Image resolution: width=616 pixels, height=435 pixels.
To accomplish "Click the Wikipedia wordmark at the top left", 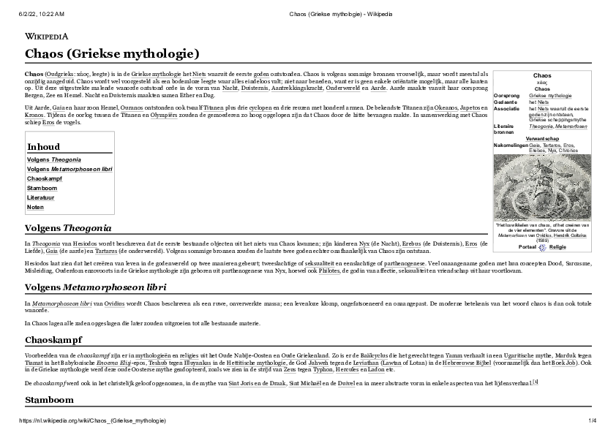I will (x=46, y=36).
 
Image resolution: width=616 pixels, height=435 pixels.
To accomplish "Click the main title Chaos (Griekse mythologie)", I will (x=112, y=54).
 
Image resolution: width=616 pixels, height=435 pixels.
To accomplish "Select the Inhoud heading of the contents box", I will (x=43, y=146).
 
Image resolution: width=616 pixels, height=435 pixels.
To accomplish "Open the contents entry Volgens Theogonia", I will (x=53, y=159).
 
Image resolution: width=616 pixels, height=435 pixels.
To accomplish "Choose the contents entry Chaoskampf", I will (x=45, y=178).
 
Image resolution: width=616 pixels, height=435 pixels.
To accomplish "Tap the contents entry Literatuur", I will (x=41, y=197).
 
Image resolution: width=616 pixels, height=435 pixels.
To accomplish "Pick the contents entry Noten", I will (x=35, y=207).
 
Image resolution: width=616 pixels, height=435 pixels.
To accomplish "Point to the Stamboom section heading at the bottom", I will (x=49, y=400).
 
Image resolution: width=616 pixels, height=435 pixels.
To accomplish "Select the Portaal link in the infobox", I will (x=527, y=247).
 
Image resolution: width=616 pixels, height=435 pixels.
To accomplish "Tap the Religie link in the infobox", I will (x=557, y=247).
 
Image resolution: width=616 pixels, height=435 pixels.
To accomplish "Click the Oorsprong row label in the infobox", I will (x=507, y=96).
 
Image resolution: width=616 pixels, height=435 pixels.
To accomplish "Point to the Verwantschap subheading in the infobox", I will (x=542, y=138).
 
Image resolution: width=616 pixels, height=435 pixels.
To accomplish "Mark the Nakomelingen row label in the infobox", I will (x=511, y=145).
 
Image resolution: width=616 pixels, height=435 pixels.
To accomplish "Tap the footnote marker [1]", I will (x=536, y=382).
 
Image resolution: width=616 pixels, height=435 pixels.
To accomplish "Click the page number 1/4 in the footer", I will (x=593, y=421).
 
